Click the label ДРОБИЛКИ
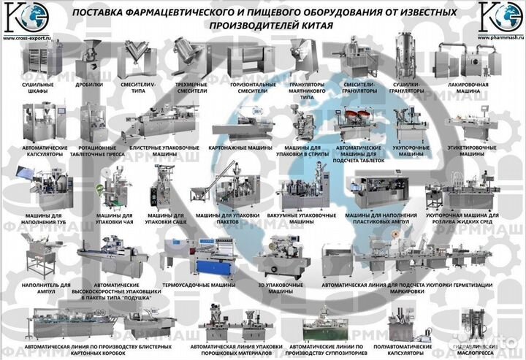coord(88,85)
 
